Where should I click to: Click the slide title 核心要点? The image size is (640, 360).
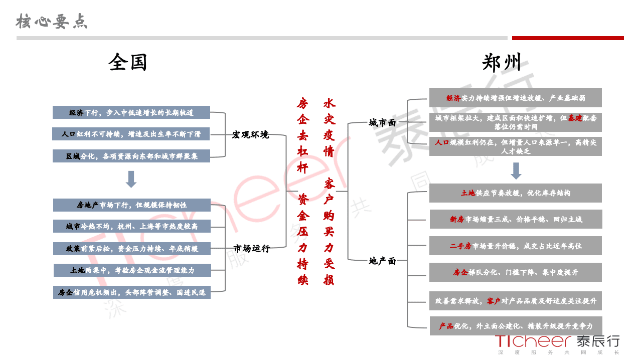coord(52,21)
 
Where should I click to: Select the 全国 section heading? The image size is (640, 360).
coord(127,63)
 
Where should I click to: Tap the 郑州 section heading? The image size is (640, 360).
coord(502,63)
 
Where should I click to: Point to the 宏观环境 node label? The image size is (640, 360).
coord(250,134)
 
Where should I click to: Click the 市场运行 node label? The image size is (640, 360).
coord(251,248)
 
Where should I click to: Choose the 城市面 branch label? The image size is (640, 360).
coord(382,122)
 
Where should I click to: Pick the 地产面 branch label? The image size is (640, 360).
coord(382,261)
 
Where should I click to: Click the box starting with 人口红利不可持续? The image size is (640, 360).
coord(131,134)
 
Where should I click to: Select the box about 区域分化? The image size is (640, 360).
coord(131,156)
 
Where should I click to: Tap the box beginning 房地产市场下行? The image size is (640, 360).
coord(131,205)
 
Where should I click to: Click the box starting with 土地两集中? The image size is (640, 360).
coord(132,270)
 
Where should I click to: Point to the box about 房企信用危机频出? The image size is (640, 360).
coord(132,292)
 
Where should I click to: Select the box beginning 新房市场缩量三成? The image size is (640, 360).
coord(516,219)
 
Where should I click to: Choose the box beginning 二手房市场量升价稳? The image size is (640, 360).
coord(516,246)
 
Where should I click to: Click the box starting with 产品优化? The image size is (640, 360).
coord(516,326)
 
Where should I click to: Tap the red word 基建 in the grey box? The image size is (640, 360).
coord(575,118)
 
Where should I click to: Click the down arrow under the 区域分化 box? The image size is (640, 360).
coord(131,179)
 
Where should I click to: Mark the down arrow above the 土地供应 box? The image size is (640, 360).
coord(516,171)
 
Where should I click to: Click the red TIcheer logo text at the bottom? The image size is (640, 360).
coord(533,341)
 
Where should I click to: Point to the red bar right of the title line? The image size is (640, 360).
coord(568,38)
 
